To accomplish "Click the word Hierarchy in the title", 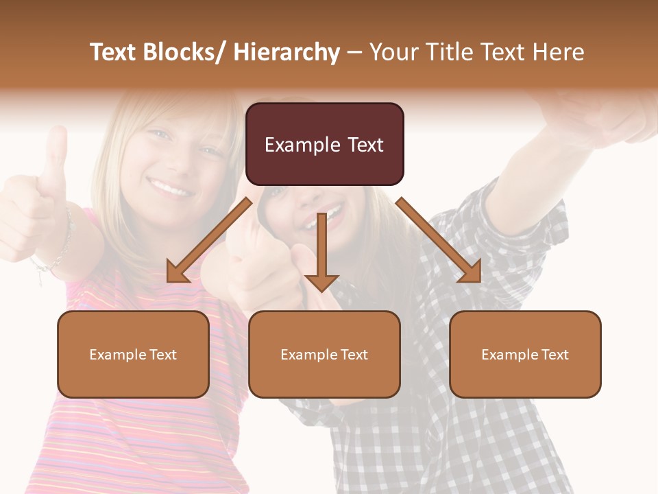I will pos(287,53).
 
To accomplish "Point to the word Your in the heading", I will pos(393,53).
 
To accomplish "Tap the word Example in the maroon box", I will pos(292,145).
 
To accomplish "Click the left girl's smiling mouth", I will pos(170,186).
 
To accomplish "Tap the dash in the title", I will pos(354,53).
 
